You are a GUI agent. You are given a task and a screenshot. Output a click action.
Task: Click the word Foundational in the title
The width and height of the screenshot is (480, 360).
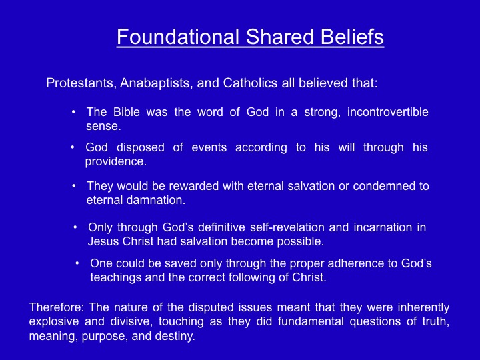point(178,37)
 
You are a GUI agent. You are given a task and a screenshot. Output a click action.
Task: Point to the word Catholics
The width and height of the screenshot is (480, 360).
point(251,83)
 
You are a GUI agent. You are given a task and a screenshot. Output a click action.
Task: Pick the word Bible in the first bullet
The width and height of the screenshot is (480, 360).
point(127,112)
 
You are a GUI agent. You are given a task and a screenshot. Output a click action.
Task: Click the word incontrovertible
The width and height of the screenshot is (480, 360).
point(387,112)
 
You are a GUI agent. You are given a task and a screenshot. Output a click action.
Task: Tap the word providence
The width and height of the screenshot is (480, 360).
point(116,162)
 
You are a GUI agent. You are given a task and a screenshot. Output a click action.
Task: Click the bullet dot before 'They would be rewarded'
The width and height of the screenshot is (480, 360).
point(74,186)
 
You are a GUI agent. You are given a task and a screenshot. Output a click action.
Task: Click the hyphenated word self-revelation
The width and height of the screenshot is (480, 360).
point(287,227)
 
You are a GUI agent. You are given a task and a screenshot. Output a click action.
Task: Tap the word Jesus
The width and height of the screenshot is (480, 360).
point(103,241)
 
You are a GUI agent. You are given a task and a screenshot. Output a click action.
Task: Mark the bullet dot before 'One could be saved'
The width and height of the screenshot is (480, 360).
point(77,263)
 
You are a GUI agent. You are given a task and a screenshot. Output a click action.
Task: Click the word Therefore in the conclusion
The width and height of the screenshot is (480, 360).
point(57,307)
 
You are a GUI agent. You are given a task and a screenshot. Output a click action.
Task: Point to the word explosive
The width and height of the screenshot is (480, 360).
point(54,322)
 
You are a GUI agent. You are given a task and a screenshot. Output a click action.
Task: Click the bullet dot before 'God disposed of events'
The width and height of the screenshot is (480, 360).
point(73,147)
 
